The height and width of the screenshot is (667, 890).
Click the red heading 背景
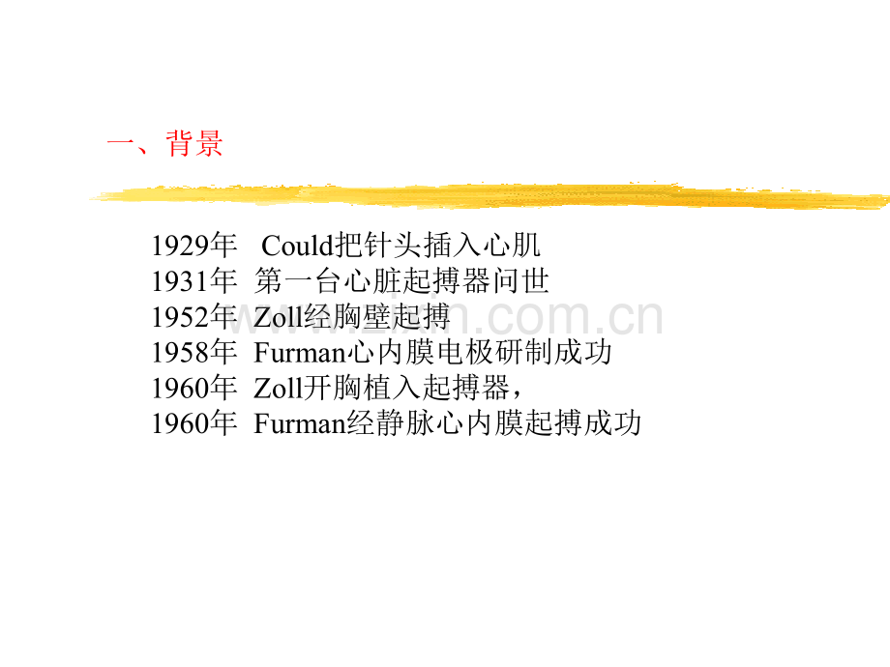pyautogui.click(x=194, y=143)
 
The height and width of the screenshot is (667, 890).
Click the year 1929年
pyautogui.click(x=193, y=246)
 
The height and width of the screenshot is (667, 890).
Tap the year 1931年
pyautogui.click(x=193, y=281)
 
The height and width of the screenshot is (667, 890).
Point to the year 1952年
pyautogui.click(x=193, y=317)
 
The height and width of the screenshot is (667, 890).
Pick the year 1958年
pyautogui.click(x=193, y=352)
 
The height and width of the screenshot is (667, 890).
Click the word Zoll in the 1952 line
pyautogui.click(x=279, y=317)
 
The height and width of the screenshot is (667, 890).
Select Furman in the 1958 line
pyautogui.click(x=300, y=353)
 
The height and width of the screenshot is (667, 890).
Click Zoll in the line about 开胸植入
pyautogui.click(x=279, y=389)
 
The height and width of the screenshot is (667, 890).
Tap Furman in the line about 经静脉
pyautogui.click(x=300, y=423)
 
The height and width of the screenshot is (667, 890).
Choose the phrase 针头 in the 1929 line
pyautogui.click(x=393, y=246)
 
